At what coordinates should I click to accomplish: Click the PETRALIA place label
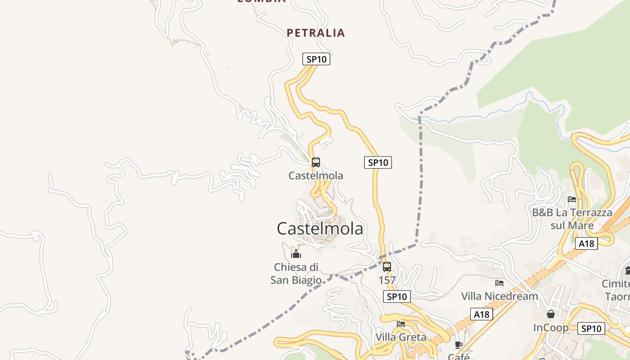(x=315, y=33)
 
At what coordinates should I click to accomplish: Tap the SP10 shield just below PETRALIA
(x=316, y=59)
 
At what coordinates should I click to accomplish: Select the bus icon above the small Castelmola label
(x=316, y=162)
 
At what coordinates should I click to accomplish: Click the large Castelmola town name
(x=319, y=229)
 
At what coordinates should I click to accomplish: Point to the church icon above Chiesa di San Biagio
(x=296, y=254)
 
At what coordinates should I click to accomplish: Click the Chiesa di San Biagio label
(x=296, y=274)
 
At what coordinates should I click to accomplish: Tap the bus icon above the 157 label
(x=387, y=267)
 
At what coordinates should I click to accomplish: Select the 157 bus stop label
(x=387, y=280)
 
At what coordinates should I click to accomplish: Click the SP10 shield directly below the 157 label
(x=396, y=297)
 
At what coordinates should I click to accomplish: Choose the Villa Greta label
(x=401, y=337)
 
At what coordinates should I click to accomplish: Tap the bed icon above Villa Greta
(x=401, y=324)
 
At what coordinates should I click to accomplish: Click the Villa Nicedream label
(x=499, y=296)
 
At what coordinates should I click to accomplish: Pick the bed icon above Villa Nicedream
(x=499, y=283)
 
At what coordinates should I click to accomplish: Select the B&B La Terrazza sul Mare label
(x=572, y=219)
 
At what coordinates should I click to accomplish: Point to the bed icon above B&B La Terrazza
(x=572, y=199)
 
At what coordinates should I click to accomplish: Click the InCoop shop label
(x=551, y=328)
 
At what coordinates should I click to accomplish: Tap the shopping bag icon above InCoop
(x=551, y=314)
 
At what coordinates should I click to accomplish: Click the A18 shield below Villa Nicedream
(x=481, y=314)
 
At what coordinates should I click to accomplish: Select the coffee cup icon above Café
(x=459, y=345)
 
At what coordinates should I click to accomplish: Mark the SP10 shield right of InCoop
(x=591, y=328)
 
